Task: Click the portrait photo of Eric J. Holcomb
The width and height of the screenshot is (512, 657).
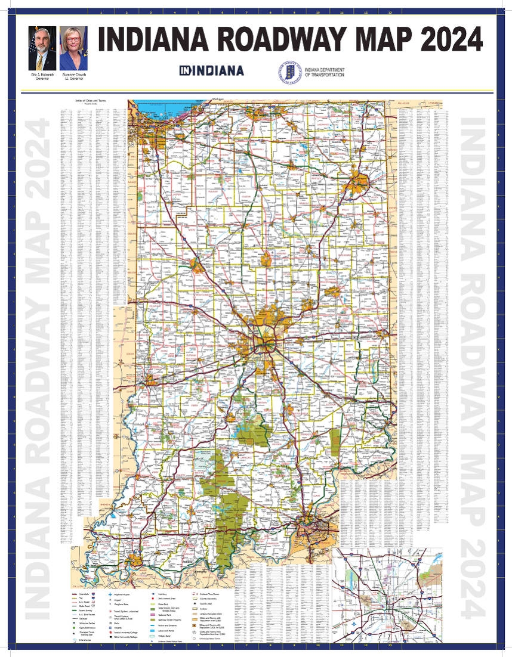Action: [x=42, y=48]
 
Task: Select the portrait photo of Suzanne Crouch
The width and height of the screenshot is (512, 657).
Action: [x=73, y=48]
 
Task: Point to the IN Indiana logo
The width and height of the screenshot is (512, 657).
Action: [x=212, y=70]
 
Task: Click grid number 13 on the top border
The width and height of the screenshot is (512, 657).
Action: [x=390, y=11]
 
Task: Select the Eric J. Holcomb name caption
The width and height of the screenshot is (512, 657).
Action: [x=42, y=73]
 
